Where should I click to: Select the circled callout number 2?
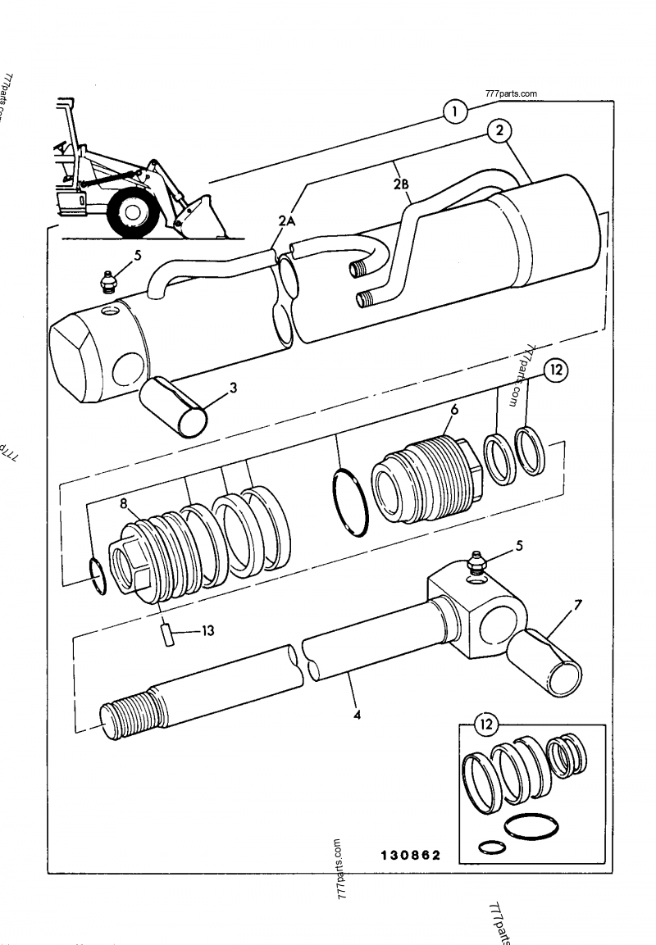point(499,130)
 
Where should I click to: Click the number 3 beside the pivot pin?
point(234,388)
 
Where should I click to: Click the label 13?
point(208,631)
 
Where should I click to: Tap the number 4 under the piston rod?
point(356,714)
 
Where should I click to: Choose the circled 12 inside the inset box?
point(487,723)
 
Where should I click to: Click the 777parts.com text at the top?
point(511,93)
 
